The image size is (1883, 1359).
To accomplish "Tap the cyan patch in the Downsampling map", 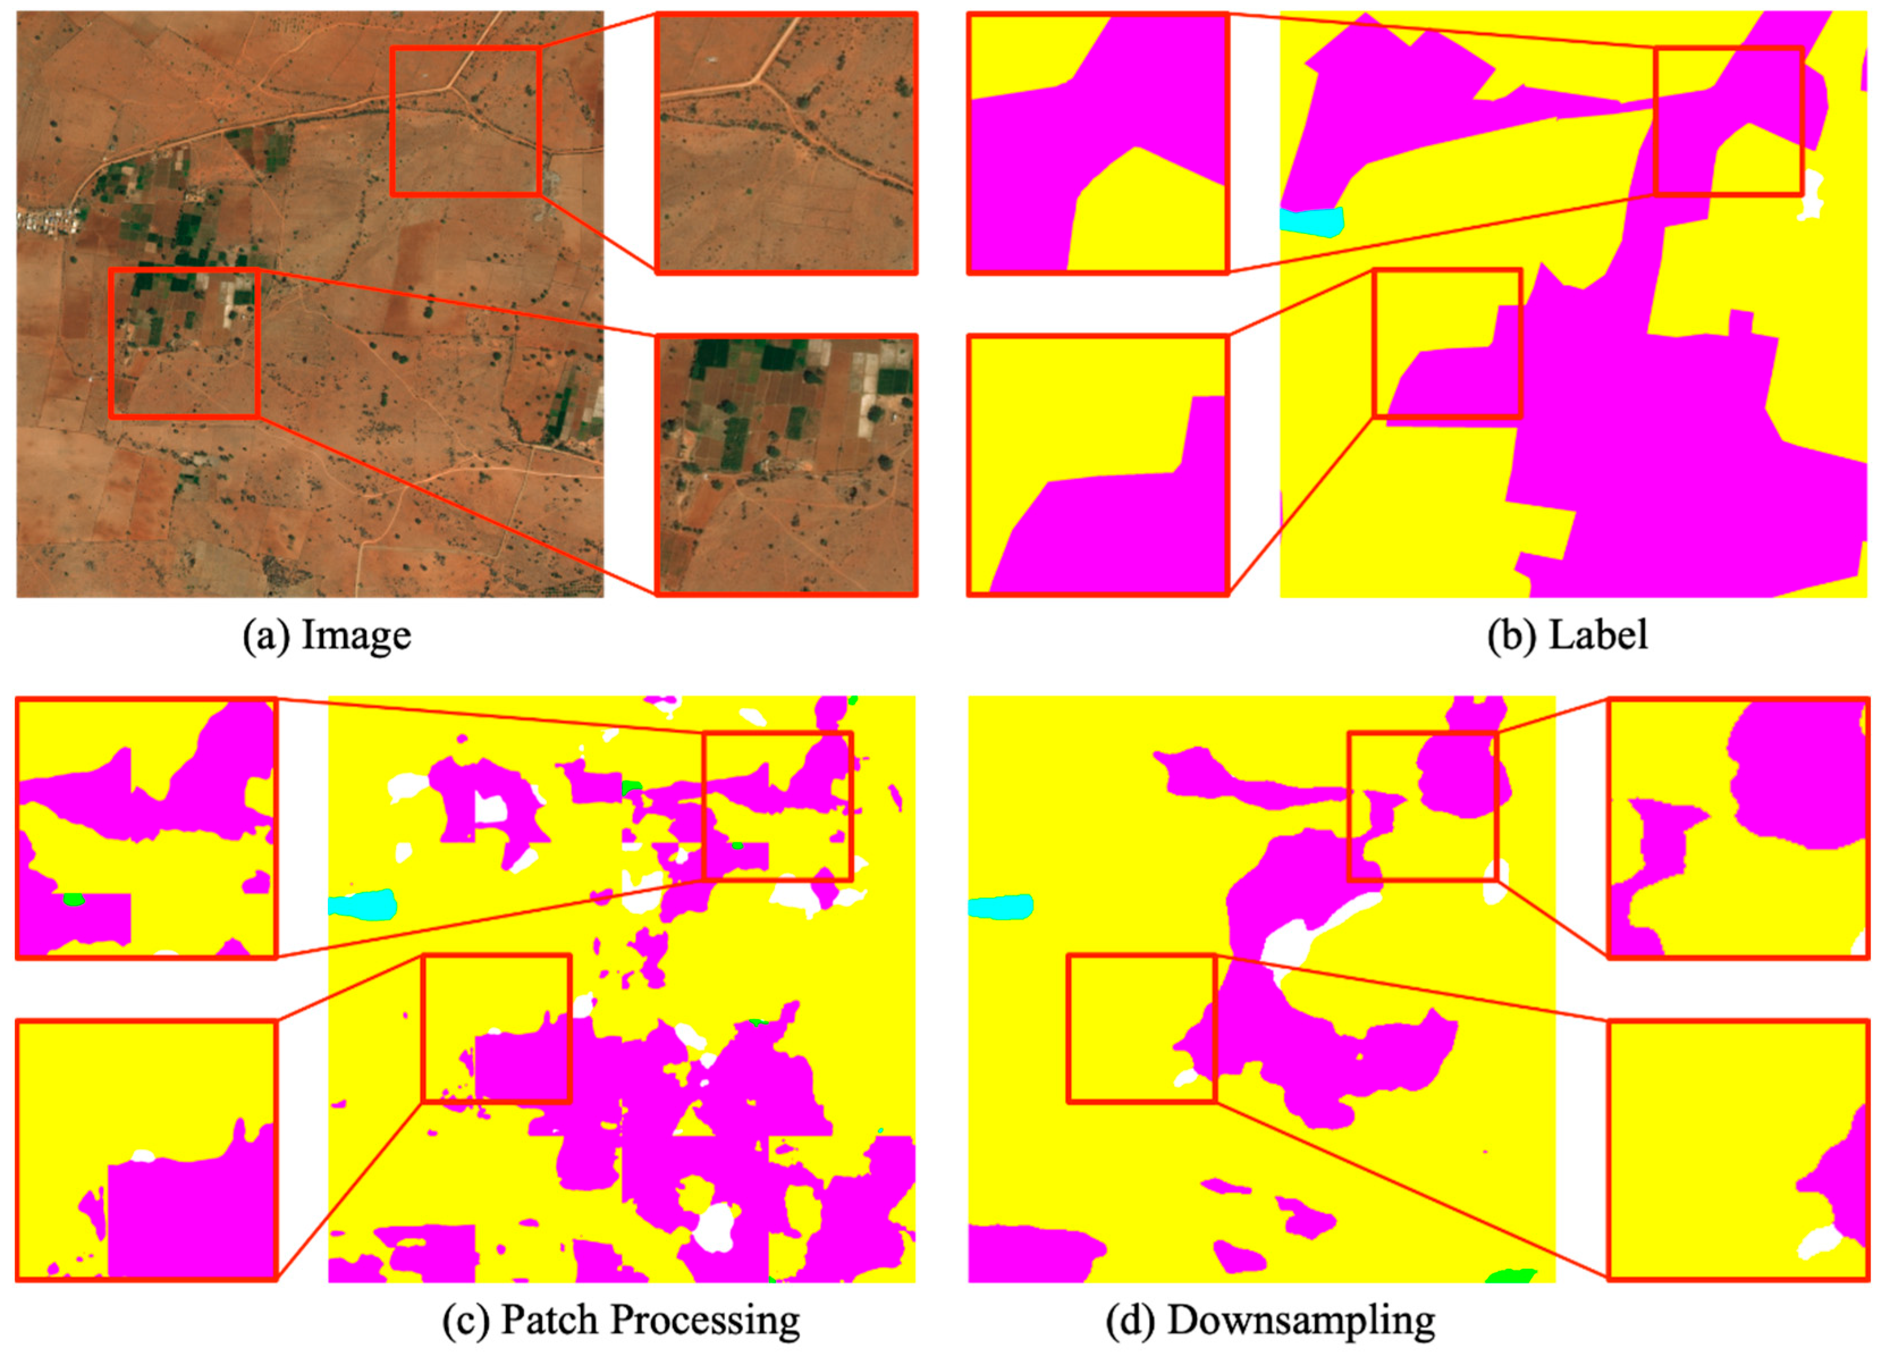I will click(x=1001, y=906).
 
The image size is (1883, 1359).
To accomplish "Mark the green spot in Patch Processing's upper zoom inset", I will click(x=74, y=899).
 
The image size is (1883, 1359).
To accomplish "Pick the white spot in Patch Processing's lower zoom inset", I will click(x=143, y=1155).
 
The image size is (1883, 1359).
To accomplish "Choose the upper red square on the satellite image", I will click(x=466, y=121).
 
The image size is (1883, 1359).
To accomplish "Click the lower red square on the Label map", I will click(x=1447, y=343).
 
